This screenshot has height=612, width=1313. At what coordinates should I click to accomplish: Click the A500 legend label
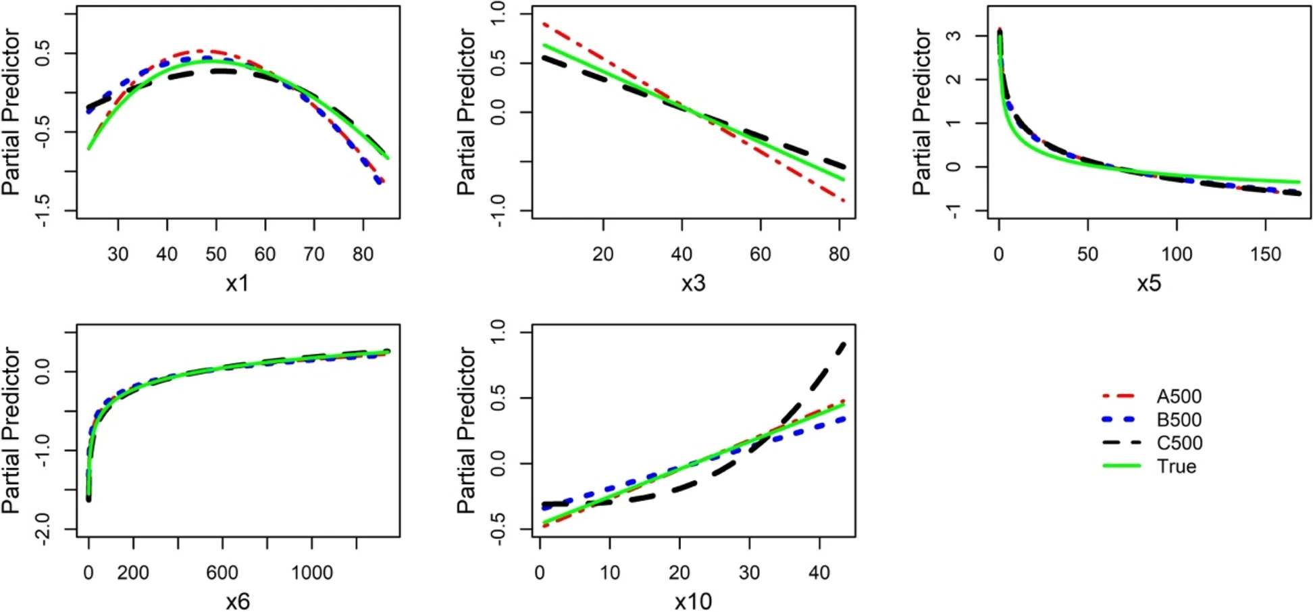[x=1179, y=397]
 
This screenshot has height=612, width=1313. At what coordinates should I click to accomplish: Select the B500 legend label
[x=1179, y=419]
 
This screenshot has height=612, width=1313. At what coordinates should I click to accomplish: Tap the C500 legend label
[x=1179, y=443]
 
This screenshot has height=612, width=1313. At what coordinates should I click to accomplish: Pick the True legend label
[x=1176, y=466]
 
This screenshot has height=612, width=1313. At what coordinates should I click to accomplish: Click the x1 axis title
[x=237, y=283]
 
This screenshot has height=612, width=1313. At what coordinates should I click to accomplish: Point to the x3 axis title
[x=693, y=283]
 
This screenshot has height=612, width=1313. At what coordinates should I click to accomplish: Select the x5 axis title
[x=1149, y=283]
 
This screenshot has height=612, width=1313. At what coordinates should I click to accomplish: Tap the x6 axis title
[x=237, y=601]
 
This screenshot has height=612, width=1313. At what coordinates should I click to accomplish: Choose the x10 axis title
[x=693, y=601]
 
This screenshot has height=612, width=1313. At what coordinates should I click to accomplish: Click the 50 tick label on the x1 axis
[x=216, y=255]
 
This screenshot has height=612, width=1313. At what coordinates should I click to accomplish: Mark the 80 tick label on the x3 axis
[x=839, y=255]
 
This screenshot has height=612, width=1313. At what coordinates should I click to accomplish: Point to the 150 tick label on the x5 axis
[x=1265, y=255]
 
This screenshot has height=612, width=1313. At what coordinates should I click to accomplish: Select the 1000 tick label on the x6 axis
[x=312, y=573]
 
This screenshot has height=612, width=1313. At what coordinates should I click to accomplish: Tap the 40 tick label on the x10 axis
[x=819, y=573]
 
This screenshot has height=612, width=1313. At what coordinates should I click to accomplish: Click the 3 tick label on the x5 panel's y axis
[x=953, y=35]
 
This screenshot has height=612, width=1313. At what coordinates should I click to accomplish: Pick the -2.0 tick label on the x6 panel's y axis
[x=42, y=529]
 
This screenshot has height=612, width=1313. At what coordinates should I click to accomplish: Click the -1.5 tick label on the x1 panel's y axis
[x=42, y=211]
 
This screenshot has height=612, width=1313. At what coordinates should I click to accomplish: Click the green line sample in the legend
[x=1121, y=466]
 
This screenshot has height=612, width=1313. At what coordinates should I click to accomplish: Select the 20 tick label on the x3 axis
[x=603, y=255]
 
